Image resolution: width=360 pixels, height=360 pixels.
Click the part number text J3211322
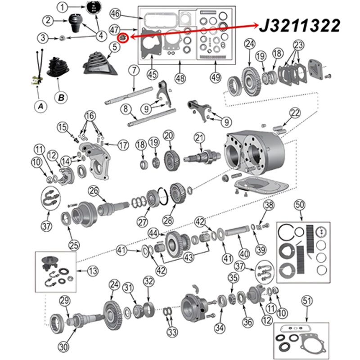tap(300, 25)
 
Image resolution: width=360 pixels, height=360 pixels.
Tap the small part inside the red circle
tap(123, 37)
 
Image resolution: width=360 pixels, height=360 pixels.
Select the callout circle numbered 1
tap(62, 7)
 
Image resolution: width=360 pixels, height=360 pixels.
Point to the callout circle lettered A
tap(40, 106)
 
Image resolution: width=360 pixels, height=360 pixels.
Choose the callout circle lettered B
tap(61, 97)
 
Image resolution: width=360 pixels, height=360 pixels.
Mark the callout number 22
tap(295, 113)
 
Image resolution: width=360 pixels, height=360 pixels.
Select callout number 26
tap(94, 191)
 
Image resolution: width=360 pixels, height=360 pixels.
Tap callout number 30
tap(63, 347)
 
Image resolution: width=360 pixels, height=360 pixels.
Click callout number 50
tap(300, 205)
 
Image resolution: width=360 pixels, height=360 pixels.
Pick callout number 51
tap(307, 301)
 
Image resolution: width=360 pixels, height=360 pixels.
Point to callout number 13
tap(93, 271)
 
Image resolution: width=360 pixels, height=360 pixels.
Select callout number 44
tap(153, 234)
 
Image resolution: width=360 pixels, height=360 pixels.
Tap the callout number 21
tap(199, 138)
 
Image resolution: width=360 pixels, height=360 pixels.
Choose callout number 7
tap(134, 70)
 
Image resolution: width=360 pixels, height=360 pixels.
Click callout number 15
tap(62, 127)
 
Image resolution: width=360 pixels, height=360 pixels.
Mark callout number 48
tap(180, 78)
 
